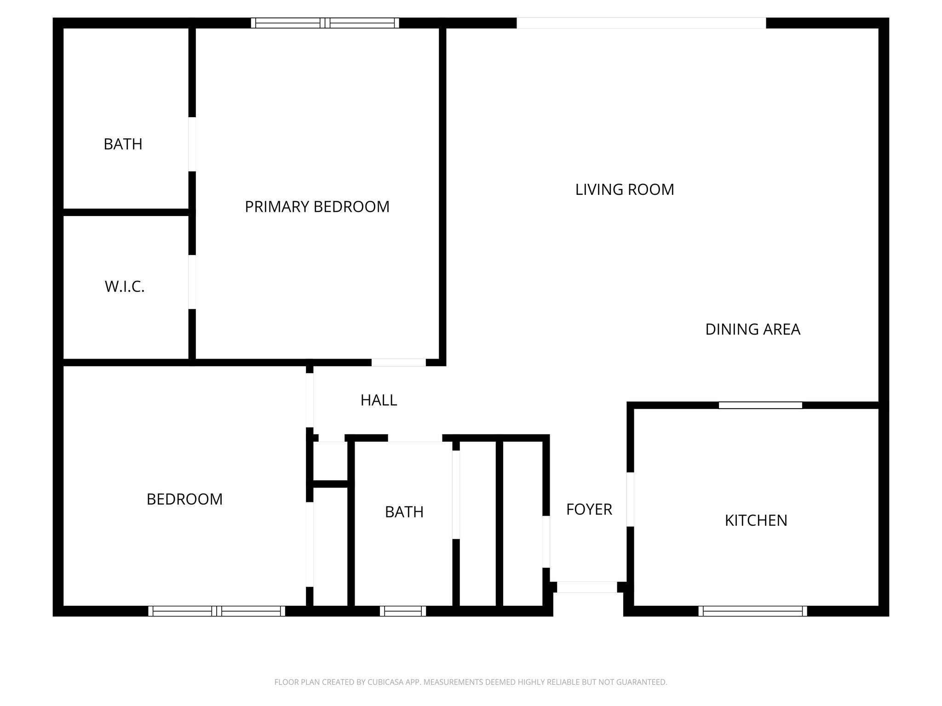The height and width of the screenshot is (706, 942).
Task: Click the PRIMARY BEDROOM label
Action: click(317, 207)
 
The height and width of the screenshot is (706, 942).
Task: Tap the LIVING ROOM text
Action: click(624, 189)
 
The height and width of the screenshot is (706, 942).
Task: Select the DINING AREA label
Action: click(752, 329)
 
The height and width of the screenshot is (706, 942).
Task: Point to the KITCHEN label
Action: click(756, 520)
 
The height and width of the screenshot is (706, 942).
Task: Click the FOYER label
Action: click(589, 509)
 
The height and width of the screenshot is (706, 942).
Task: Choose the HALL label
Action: click(379, 400)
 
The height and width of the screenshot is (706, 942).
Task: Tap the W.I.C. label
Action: click(125, 287)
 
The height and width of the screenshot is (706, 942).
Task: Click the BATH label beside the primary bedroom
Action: click(123, 144)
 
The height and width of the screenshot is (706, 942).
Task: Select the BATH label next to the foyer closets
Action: click(404, 512)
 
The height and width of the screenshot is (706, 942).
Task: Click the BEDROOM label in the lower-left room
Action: click(184, 499)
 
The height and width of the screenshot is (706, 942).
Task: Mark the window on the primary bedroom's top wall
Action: click(325, 23)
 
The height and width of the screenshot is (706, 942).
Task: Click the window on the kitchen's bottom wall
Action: click(752, 611)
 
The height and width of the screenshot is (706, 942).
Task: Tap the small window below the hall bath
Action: click(403, 611)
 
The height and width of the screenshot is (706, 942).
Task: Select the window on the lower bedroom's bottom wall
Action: click(217, 611)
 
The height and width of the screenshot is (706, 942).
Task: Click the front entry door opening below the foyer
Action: click(587, 587)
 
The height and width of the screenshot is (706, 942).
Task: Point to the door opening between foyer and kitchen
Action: click(630, 499)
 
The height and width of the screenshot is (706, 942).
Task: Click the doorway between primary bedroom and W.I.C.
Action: click(192, 282)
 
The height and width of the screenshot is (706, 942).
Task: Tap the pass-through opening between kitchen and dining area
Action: click(760, 405)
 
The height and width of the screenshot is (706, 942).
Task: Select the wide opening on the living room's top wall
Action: click(641, 23)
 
